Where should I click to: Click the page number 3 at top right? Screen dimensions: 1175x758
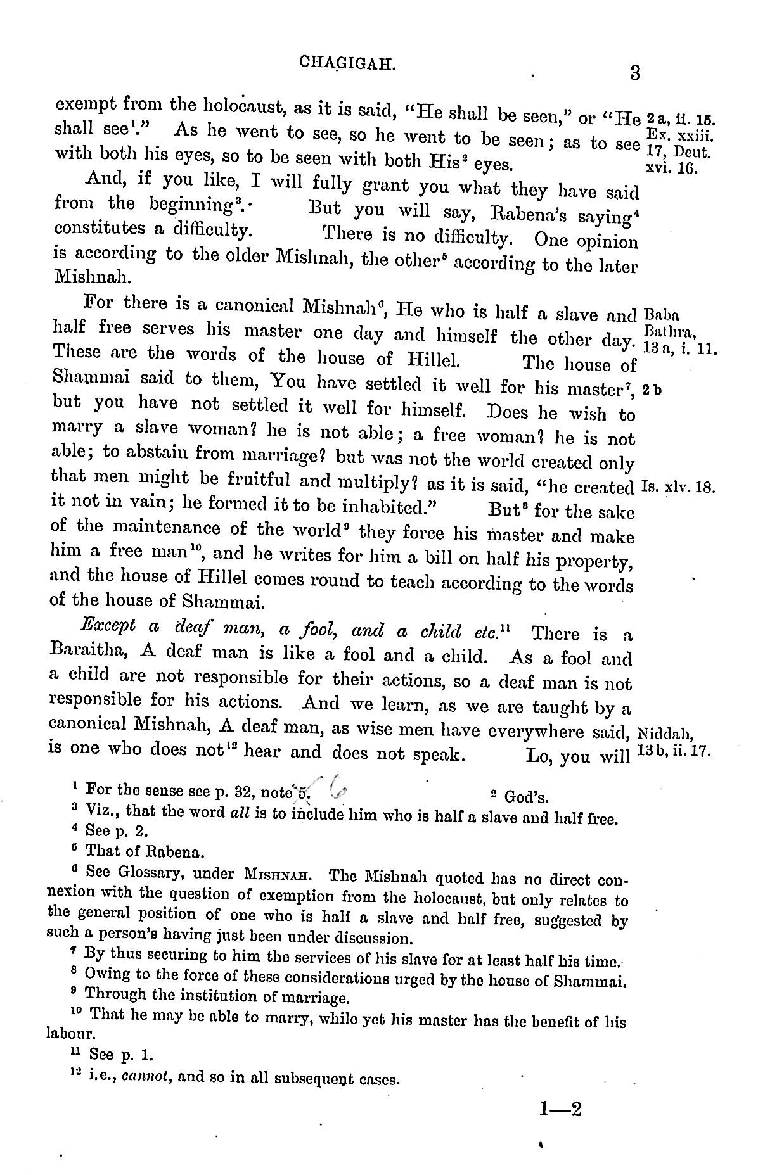pos(634,73)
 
